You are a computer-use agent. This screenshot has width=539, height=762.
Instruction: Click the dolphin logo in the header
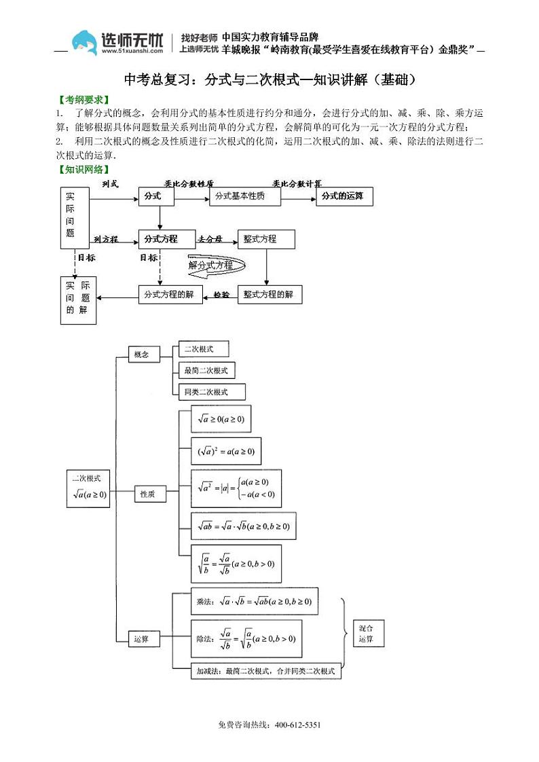click(x=84, y=43)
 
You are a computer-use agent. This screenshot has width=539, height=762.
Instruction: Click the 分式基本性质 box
click(x=245, y=196)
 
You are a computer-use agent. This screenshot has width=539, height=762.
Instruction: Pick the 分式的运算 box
click(x=344, y=196)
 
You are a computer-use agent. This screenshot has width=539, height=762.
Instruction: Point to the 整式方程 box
click(x=266, y=239)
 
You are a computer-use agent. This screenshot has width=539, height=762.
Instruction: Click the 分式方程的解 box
click(x=170, y=294)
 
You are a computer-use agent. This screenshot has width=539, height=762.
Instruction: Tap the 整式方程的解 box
click(x=269, y=294)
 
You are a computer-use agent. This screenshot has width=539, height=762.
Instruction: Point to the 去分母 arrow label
click(x=210, y=239)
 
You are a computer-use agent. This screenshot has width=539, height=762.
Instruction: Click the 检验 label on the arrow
click(x=221, y=295)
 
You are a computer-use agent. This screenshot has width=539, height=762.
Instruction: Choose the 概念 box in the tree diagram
click(x=143, y=354)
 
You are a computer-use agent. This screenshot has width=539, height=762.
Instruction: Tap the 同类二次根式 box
click(x=210, y=392)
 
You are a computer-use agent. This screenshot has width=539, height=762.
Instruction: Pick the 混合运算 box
click(x=367, y=633)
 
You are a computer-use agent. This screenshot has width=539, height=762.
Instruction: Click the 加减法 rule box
click(x=266, y=671)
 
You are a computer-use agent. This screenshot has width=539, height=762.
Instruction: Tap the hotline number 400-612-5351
click(x=297, y=725)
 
